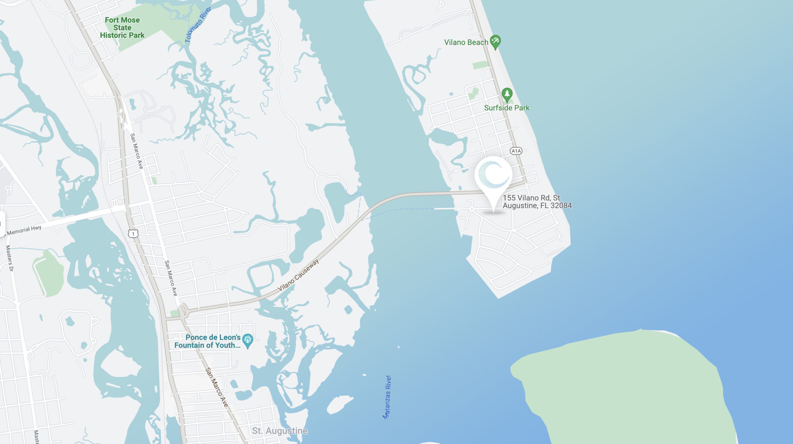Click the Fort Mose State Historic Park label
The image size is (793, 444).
[122, 27]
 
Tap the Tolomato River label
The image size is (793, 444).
[198, 25]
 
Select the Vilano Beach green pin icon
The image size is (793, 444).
[495, 41]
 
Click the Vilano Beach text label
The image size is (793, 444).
[466, 42]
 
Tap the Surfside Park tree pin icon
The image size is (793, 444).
[507, 94]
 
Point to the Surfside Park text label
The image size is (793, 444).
[506, 108]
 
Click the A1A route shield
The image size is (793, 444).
[516, 151]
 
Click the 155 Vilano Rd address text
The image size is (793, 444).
[537, 202]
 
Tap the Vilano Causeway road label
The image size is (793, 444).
[298, 275]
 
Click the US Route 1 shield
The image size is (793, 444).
[133, 233]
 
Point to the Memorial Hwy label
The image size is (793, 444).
[24, 230]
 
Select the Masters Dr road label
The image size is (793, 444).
[9, 258]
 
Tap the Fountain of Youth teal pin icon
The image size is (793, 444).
[247, 341]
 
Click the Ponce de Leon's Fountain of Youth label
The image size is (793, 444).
[208, 341]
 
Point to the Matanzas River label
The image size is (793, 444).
[387, 397]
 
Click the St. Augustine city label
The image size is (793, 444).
[280, 431]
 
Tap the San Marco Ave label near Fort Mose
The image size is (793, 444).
[136, 151]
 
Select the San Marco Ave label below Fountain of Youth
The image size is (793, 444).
[216, 387]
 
